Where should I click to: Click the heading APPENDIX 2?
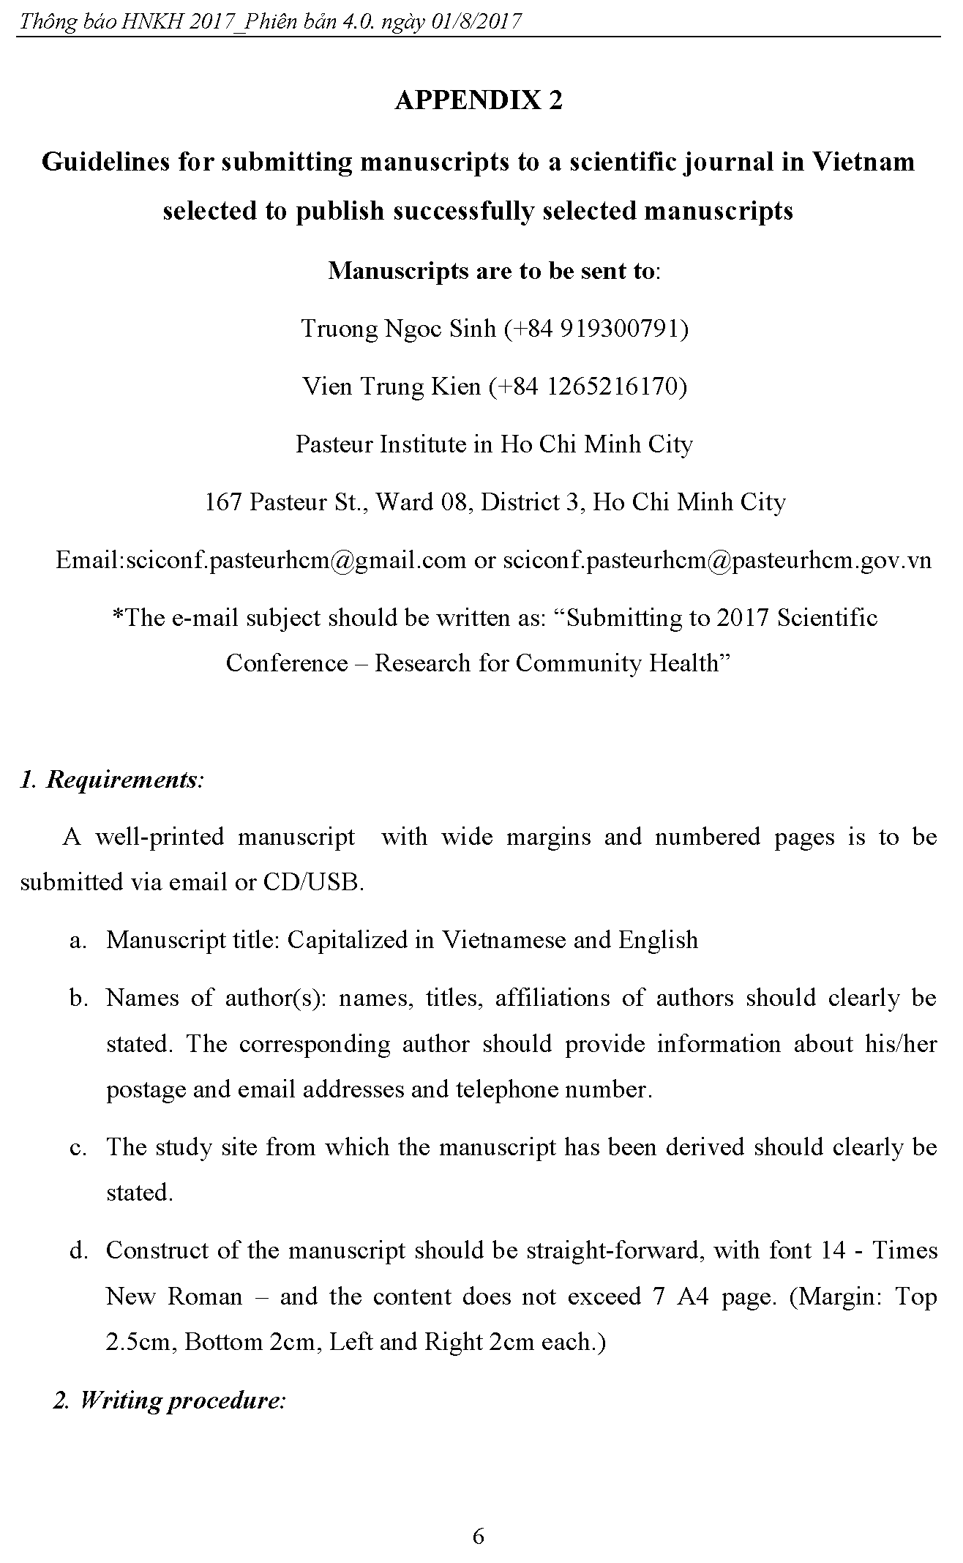coord(479,100)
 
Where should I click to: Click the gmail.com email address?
coord(296,560)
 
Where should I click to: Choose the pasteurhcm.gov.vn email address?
coord(717,560)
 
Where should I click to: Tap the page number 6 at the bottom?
coord(479,1515)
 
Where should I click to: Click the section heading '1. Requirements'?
coord(111,780)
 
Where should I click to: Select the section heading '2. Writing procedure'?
coord(169,1400)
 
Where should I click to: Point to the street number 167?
coord(222,502)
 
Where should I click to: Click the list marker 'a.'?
coord(78,941)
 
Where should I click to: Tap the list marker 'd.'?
coord(78,1251)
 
